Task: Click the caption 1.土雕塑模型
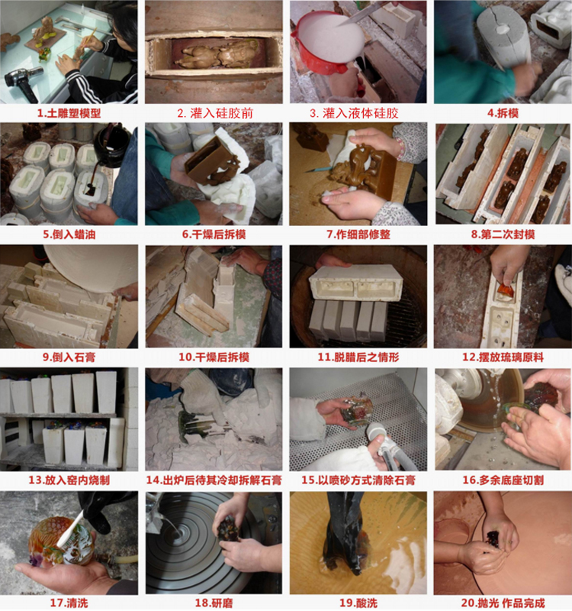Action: (x=69, y=113)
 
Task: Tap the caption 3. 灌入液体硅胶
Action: (x=354, y=113)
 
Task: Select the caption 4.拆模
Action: (x=503, y=113)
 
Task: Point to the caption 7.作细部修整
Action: (x=358, y=234)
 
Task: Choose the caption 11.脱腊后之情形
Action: (x=358, y=357)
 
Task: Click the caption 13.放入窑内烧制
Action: (x=69, y=480)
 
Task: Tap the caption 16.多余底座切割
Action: (x=503, y=480)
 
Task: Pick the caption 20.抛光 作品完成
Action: (x=503, y=603)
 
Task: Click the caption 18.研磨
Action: (x=214, y=603)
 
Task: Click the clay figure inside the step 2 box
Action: (x=215, y=55)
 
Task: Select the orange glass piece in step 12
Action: (x=505, y=290)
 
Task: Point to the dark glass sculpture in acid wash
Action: (x=345, y=535)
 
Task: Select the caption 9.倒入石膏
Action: (x=69, y=357)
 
